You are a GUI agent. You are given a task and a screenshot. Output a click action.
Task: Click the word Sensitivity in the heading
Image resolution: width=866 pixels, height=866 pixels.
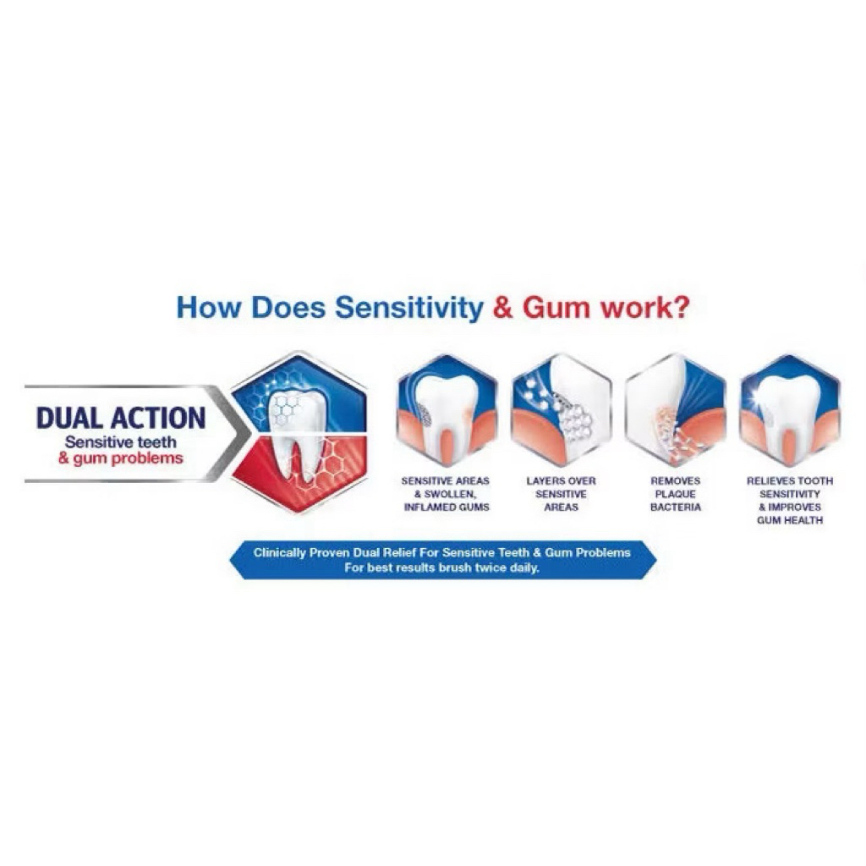(409, 308)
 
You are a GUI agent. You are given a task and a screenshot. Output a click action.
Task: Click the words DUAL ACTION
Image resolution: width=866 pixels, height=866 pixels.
(120, 418)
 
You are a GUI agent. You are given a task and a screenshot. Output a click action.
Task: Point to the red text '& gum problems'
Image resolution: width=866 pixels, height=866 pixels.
(120, 458)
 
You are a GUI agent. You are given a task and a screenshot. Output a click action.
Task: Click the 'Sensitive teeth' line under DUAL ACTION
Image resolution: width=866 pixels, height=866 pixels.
(120, 441)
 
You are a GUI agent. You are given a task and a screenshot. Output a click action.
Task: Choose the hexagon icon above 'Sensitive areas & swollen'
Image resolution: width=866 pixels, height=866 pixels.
(447, 410)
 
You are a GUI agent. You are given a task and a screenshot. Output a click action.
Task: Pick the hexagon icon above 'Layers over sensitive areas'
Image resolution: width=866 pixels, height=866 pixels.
(562, 410)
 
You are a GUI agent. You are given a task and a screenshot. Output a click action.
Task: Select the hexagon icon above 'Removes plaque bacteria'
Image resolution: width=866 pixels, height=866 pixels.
(676, 410)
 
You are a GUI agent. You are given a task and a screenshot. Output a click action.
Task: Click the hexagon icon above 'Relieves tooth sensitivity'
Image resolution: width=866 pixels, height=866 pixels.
(790, 410)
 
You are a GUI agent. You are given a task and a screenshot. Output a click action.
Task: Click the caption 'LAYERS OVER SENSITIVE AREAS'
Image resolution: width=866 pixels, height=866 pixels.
(562, 494)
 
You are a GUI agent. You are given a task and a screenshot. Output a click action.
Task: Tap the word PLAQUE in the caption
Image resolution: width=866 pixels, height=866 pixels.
(676, 494)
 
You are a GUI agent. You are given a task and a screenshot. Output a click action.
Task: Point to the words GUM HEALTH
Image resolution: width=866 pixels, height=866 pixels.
(790, 520)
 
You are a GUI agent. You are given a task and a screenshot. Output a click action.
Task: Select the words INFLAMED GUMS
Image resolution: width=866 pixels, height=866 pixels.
(447, 507)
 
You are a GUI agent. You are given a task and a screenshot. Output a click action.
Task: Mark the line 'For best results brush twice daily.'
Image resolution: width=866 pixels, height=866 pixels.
(441, 567)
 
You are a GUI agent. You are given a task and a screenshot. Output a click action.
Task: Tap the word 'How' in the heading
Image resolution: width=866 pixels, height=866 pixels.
(209, 308)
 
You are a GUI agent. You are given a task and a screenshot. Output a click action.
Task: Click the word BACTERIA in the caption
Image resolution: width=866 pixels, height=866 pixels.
(676, 507)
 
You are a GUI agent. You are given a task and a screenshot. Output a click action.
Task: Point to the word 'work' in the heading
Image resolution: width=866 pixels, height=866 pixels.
(634, 308)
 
